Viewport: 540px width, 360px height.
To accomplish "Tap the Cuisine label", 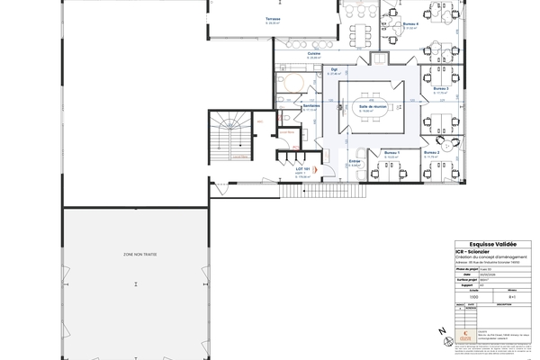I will point(314,53).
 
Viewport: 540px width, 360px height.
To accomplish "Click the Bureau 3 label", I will point(441,88).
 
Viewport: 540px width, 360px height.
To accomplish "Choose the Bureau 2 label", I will point(431,153).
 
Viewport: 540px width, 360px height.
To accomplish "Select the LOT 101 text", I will point(303,168).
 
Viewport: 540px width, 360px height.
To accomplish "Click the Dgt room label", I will point(333,69).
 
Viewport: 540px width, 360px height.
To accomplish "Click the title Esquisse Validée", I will point(487,244).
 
